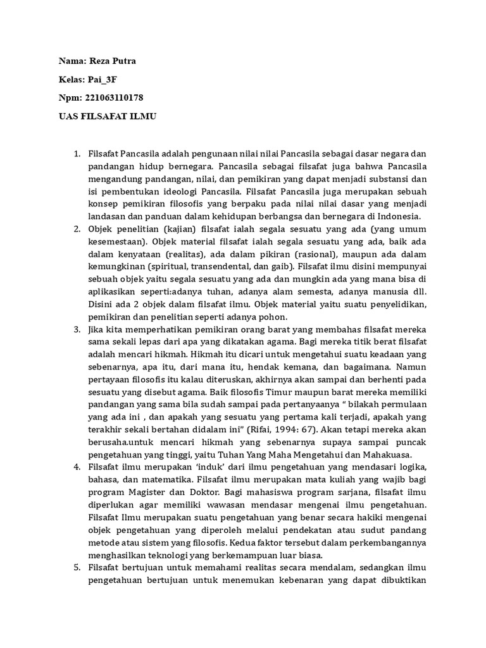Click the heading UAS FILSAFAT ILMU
107,117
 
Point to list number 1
77,154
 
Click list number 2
77,228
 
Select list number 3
77,331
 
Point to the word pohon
274,316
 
